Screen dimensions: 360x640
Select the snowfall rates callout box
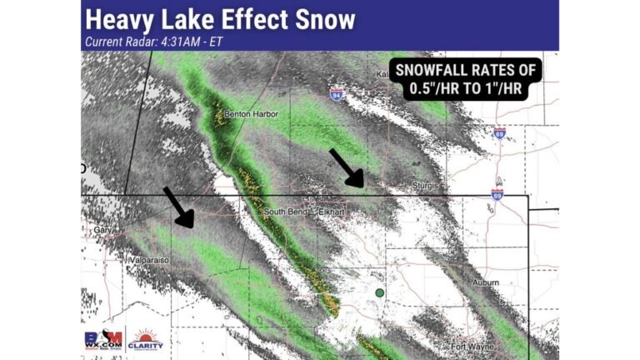(x=467, y=80)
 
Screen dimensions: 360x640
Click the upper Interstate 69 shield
(x=499, y=133)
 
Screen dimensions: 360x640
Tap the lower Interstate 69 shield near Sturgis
(x=497, y=194)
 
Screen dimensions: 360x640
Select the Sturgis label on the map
(x=425, y=187)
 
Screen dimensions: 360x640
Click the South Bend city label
(x=286, y=212)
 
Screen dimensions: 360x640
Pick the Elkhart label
(x=333, y=212)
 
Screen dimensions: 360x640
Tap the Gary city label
(x=102, y=229)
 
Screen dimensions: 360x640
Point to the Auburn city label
(x=485, y=284)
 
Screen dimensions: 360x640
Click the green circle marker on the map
(x=380, y=292)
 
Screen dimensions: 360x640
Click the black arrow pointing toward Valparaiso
(x=178, y=207)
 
